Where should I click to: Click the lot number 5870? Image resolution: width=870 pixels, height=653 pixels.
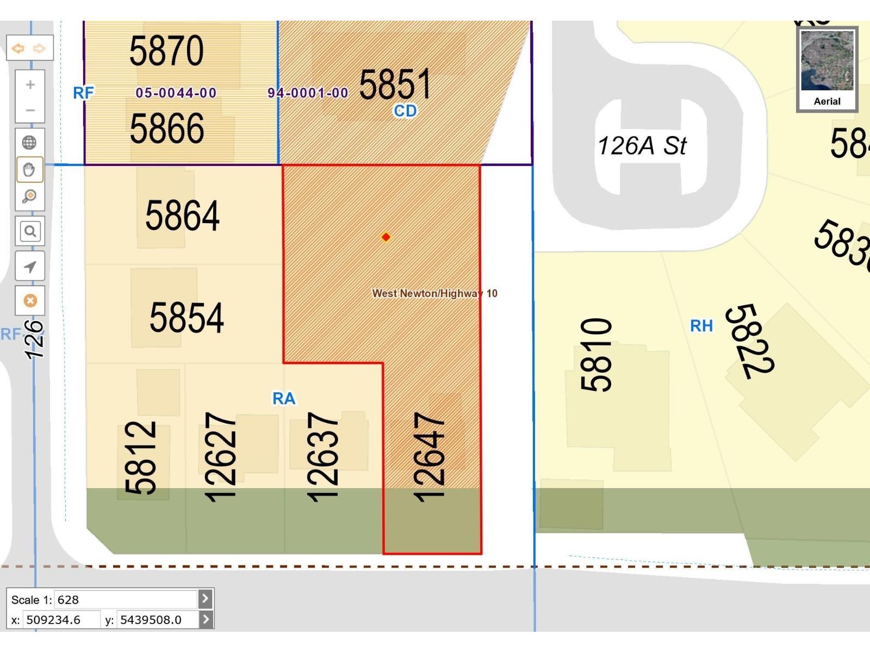pos(166,51)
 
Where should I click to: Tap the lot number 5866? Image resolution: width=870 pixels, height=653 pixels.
pos(167,129)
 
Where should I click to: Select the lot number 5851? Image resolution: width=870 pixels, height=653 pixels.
pos(395,84)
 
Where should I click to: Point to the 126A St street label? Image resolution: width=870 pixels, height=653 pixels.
pos(642,146)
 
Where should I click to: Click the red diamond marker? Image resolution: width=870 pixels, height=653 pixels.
pos(386,237)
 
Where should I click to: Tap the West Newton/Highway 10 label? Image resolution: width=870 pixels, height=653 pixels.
pos(434,293)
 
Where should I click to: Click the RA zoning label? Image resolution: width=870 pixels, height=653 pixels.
pos(284,399)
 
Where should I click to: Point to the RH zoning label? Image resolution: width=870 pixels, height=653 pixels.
pos(701,326)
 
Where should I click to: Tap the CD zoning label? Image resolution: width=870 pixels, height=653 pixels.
pos(405,111)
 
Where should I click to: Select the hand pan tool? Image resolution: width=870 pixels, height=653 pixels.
pos(29,169)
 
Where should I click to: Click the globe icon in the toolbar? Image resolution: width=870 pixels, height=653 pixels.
pos(29,143)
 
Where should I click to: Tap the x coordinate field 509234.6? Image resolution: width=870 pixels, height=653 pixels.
pos(61,620)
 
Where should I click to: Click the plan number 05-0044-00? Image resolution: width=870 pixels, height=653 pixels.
pos(176,93)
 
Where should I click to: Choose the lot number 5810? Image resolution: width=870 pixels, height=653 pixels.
pos(596,355)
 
